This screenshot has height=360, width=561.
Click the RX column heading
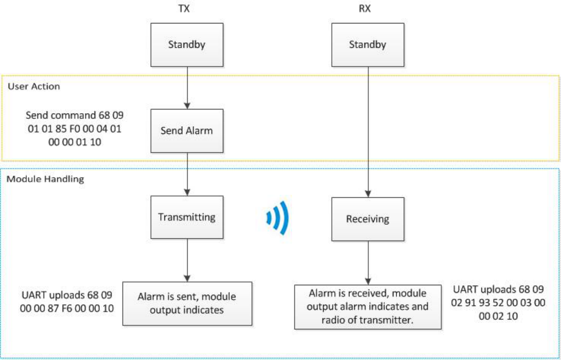click(366, 9)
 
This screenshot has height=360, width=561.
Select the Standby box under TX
click(186, 45)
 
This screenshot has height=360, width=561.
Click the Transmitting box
click(186, 217)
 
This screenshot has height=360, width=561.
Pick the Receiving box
click(368, 219)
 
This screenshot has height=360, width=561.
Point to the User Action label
click(34, 86)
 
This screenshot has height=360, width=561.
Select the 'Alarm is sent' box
click(187, 303)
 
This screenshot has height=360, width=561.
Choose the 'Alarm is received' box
click(368, 306)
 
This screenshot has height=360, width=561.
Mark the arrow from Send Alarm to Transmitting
click(186, 173)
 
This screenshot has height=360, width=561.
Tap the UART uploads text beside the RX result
click(498, 303)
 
